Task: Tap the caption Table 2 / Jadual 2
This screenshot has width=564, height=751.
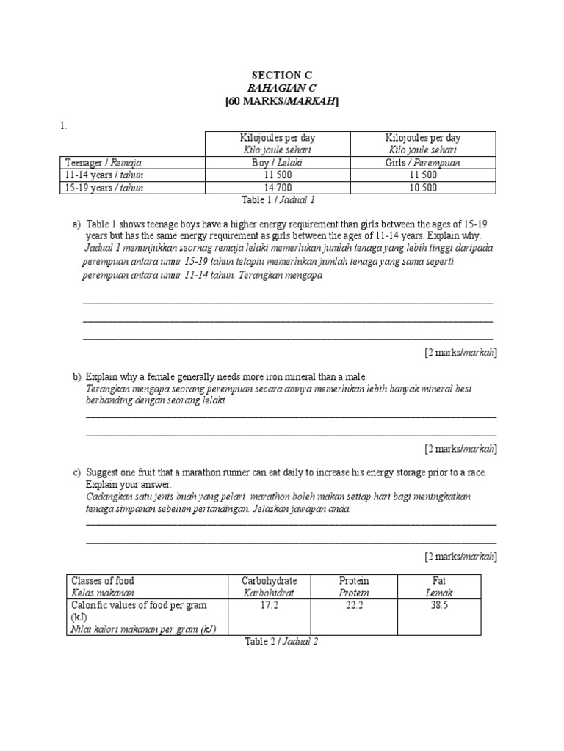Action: (x=281, y=641)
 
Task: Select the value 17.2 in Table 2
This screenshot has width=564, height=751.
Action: (x=269, y=605)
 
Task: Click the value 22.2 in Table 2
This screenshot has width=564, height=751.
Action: (x=354, y=605)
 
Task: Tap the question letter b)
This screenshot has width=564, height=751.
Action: (x=77, y=376)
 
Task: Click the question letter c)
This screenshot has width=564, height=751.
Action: (x=77, y=472)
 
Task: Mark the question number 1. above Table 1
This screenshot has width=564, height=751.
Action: (x=64, y=126)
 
